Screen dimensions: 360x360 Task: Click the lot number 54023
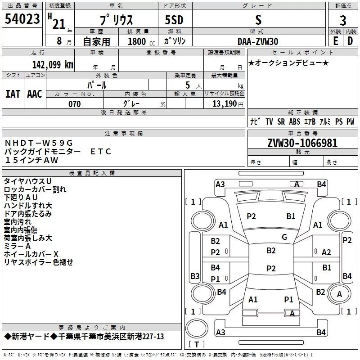pyautogui.click(x=22, y=20)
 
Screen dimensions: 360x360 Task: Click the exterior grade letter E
pyautogui.click(x=335, y=41)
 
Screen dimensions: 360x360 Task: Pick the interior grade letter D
pyautogui.click(x=350, y=41)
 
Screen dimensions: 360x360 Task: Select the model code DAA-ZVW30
pyautogui.click(x=258, y=41)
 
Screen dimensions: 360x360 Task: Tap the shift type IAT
pyautogui.click(x=13, y=94)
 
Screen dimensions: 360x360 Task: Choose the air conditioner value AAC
pyautogui.click(x=34, y=94)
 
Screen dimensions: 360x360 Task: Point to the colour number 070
pyautogui.click(x=75, y=104)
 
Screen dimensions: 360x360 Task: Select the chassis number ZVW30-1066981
pyautogui.click(x=302, y=144)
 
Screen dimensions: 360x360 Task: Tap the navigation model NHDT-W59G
pyautogui.click(x=38, y=143)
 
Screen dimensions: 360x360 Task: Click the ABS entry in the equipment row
pyautogui.click(x=294, y=121)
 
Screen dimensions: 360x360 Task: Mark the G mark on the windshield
pyautogui.click(x=284, y=237)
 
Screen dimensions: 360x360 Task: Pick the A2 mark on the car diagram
pyautogui.click(x=326, y=252)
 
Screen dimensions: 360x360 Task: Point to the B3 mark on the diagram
pyautogui.click(x=195, y=276)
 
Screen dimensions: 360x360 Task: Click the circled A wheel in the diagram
pyautogui.click(x=339, y=294)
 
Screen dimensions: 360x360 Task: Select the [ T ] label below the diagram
pyautogui.click(x=197, y=345)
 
